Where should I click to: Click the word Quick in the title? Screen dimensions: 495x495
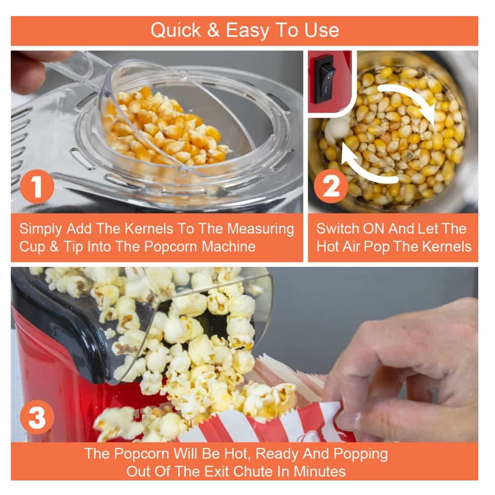click(x=176, y=30)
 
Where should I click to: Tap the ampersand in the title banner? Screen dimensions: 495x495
click(x=213, y=31)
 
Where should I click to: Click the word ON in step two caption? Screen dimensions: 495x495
click(x=374, y=229)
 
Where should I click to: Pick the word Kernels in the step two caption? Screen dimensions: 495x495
click(x=447, y=247)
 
